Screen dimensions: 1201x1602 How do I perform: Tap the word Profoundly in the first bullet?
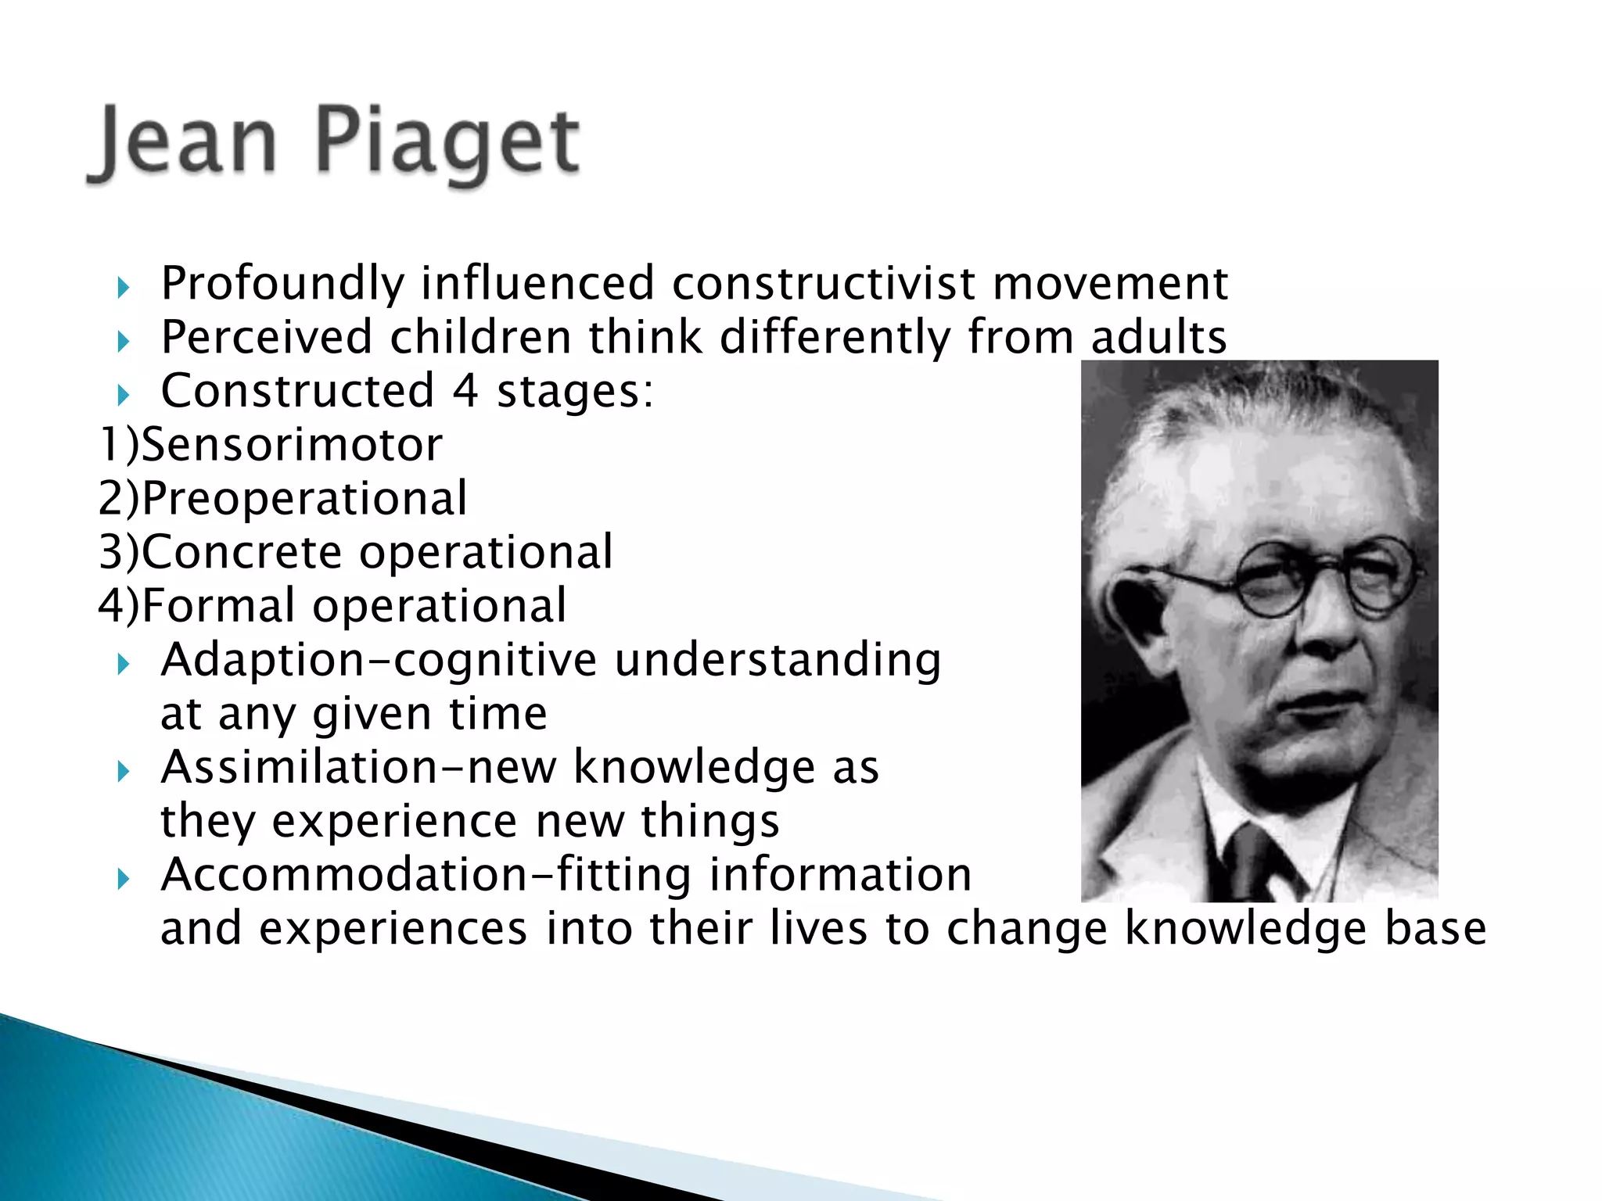coord(282,284)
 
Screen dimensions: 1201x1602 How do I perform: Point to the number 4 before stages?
coord(465,390)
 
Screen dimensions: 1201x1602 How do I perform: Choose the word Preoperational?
coord(304,499)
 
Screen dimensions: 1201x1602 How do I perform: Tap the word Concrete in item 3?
coord(242,552)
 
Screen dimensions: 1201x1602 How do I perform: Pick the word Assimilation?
coord(298,767)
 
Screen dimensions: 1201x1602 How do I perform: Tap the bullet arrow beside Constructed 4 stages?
coord(123,395)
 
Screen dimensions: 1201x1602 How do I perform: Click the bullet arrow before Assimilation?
coord(123,773)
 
